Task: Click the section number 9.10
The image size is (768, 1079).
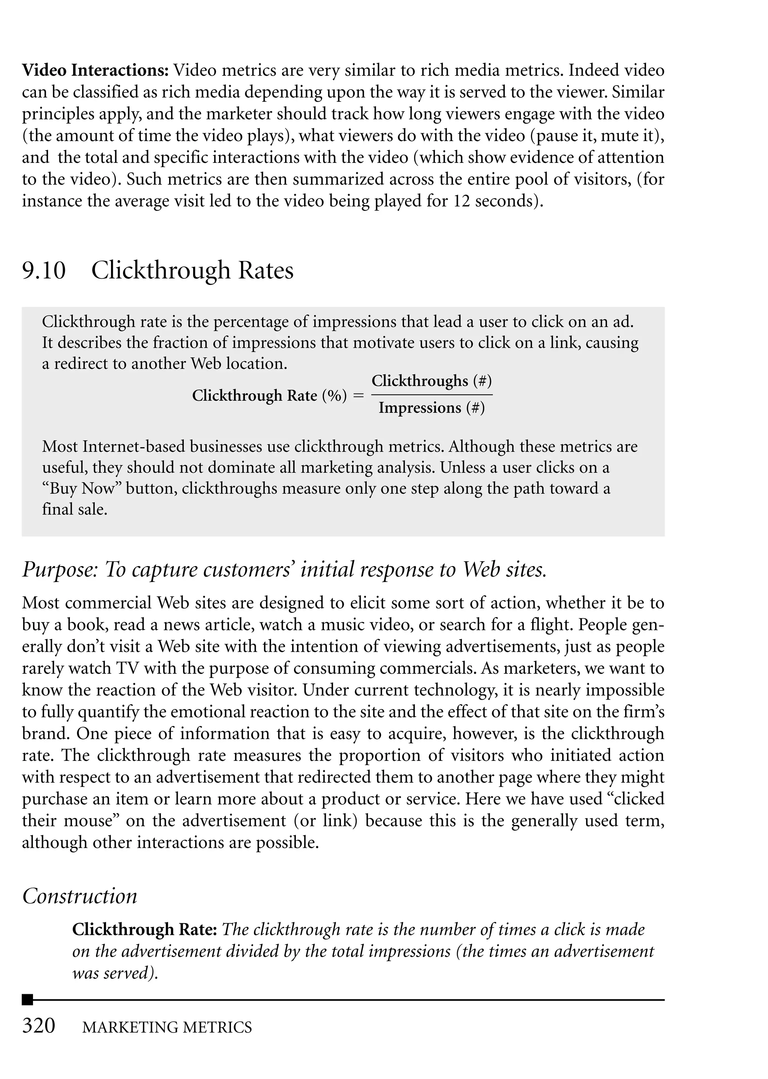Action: click(x=43, y=271)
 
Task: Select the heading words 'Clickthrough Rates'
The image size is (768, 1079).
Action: click(x=192, y=271)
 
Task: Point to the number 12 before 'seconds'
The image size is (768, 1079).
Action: click(x=462, y=201)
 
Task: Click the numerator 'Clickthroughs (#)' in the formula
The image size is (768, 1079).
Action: click(x=431, y=381)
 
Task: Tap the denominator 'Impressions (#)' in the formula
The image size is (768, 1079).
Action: click(x=431, y=408)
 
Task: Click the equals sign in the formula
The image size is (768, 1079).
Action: click(x=359, y=395)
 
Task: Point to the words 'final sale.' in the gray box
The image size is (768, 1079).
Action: click(x=75, y=509)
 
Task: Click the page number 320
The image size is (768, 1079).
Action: click(x=39, y=1026)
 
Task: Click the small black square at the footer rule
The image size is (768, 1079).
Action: click(x=27, y=999)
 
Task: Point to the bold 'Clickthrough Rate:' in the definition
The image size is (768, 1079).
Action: click(x=144, y=930)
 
